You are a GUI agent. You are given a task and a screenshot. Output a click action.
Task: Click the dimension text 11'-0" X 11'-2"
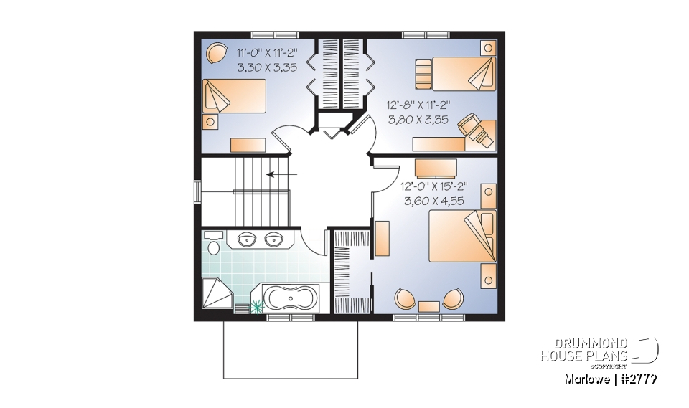point(267,52)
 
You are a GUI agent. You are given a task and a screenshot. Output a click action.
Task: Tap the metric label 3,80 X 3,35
point(418,120)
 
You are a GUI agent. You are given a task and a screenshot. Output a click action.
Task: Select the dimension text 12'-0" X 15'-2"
point(433,186)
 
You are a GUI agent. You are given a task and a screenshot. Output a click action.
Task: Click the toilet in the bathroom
point(214,246)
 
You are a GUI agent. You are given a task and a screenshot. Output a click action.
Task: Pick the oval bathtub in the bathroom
point(291,297)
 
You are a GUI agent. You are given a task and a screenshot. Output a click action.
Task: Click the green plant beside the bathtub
point(257,305)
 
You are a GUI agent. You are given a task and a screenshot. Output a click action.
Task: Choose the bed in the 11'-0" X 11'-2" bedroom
point(234,96)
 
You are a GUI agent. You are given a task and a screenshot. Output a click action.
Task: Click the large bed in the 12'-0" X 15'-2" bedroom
point(462,236)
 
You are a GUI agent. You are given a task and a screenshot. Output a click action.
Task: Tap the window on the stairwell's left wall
point(197,192)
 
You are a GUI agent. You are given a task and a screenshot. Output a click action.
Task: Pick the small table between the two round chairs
point(429,307)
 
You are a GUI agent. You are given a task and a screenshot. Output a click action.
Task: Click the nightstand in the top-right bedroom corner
point(488,48)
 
